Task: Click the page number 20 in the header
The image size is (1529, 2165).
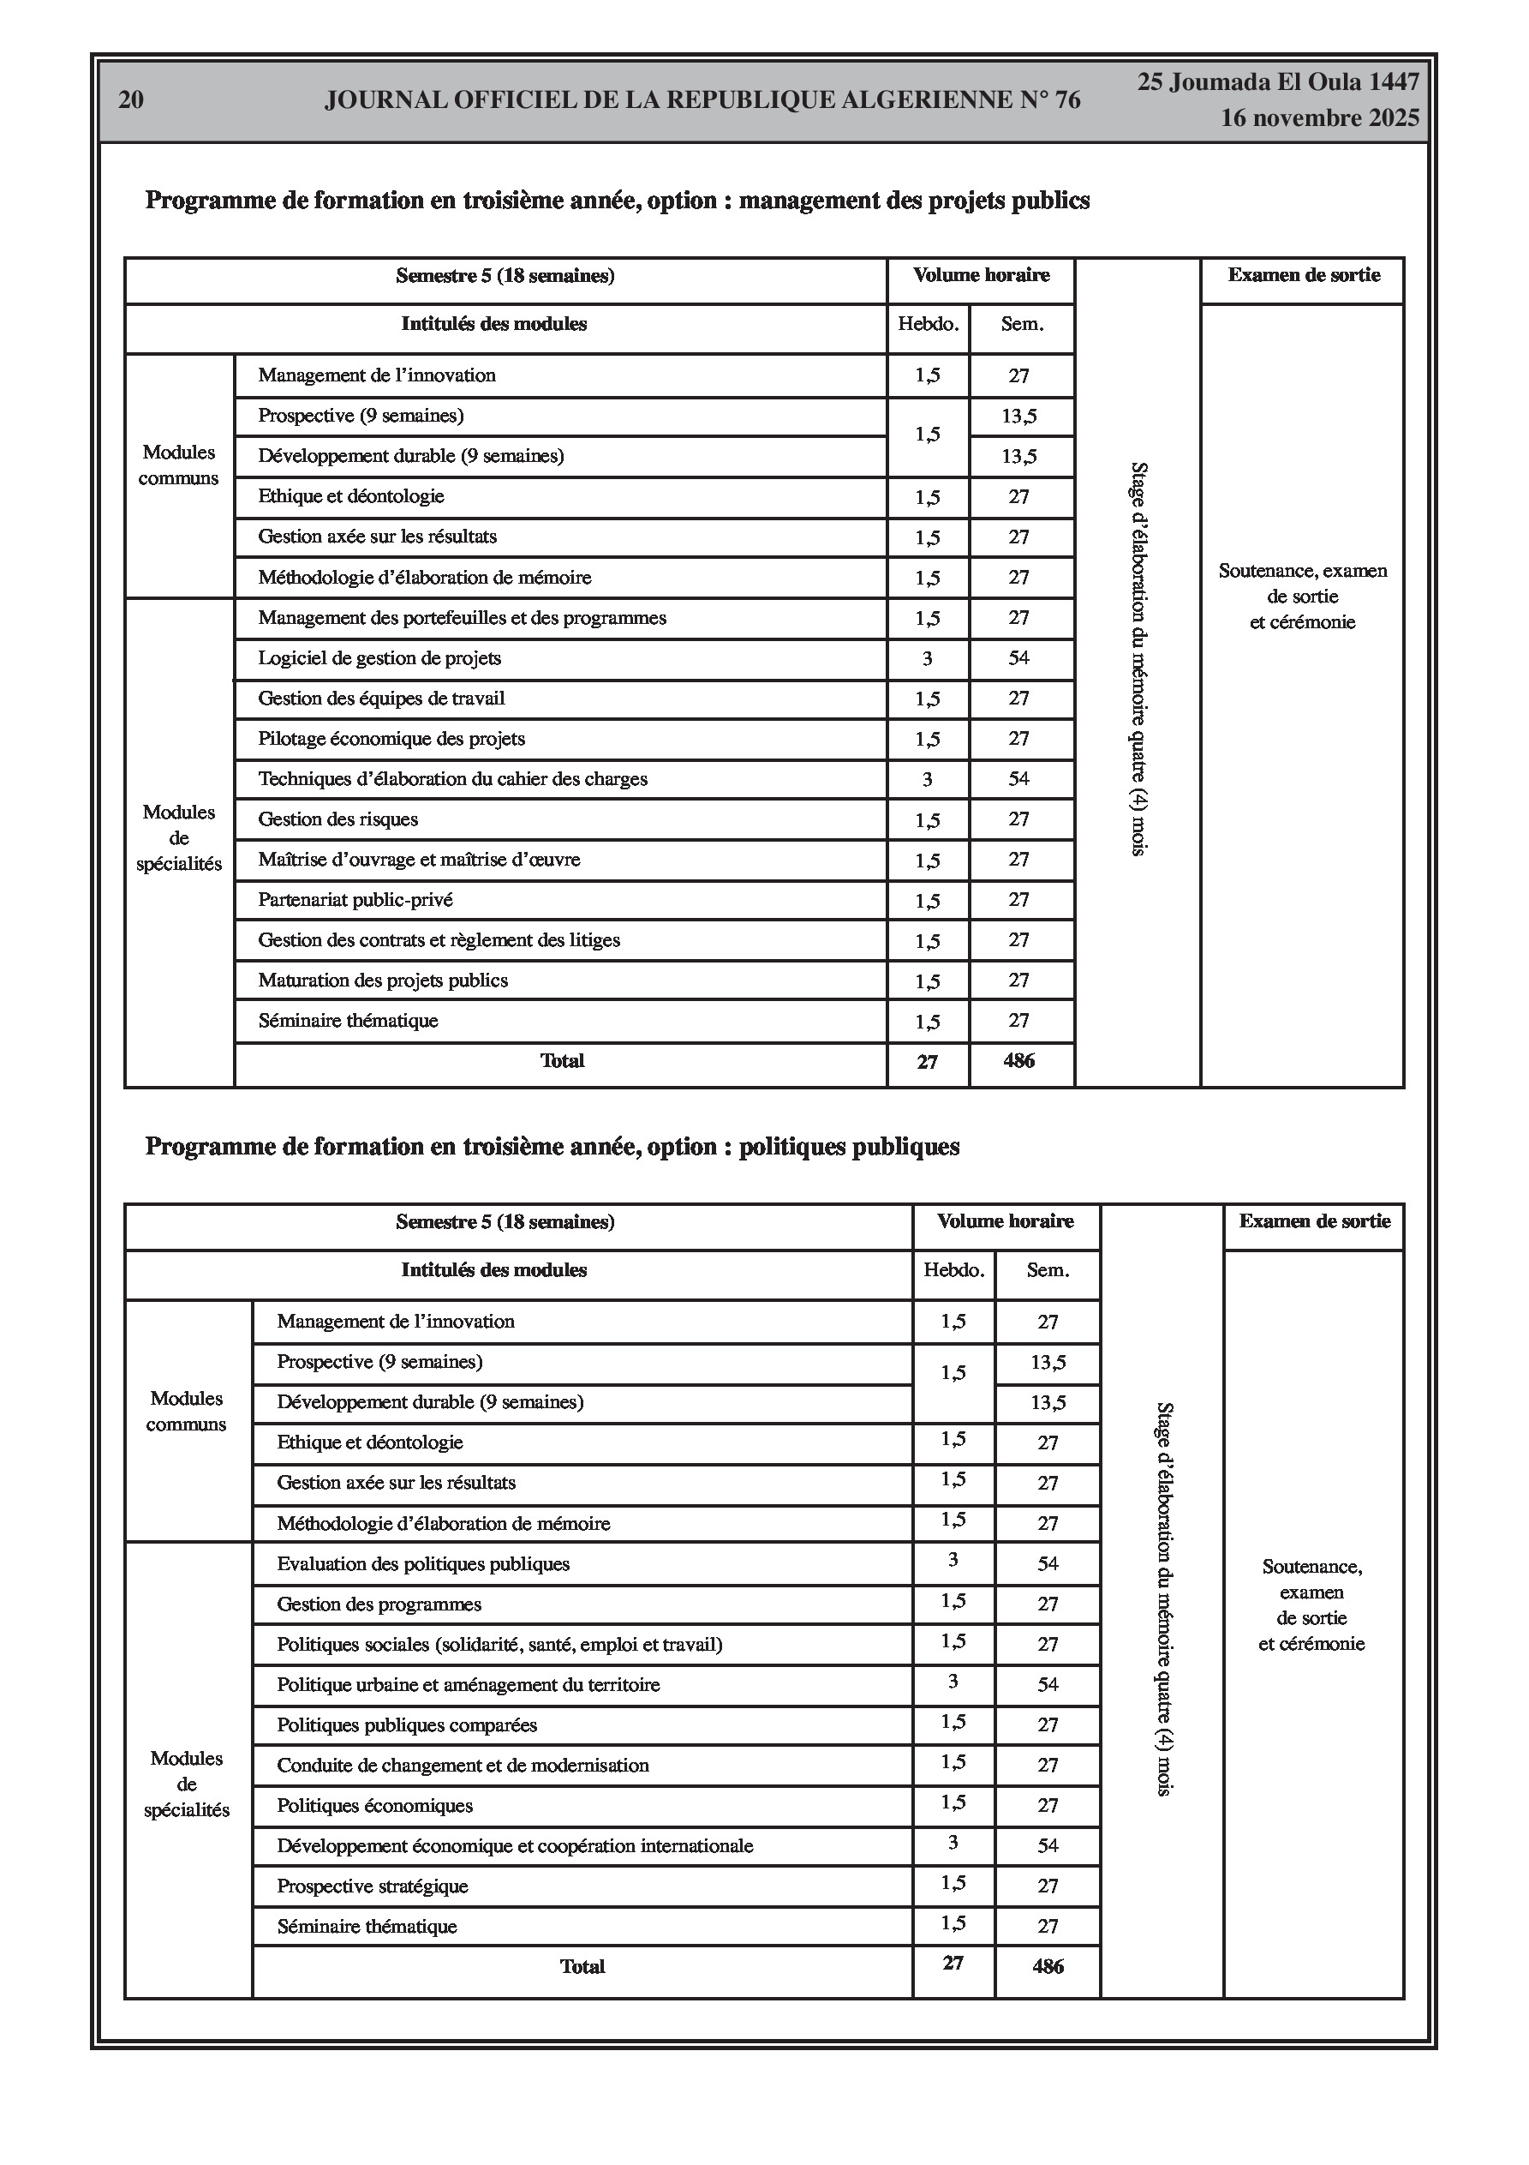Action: tap(131, 100)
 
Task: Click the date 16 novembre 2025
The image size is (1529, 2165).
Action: tap(1320, 119)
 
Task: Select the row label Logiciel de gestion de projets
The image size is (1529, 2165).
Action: tap(379, 658)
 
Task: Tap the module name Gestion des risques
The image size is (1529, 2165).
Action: tap(338, 819)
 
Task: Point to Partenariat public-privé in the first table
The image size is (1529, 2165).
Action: tap(355, 900)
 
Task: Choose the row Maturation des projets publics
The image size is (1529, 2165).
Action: tap(383, 981)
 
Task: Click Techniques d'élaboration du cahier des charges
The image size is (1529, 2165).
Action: tap(452, 779)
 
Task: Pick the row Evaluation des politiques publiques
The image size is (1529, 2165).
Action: tap(423, 1563)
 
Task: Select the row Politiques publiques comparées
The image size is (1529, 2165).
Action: tap(407, 1724)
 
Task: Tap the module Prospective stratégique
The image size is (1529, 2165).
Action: tap(373, 1886)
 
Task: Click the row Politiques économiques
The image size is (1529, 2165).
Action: tap(375, 1806)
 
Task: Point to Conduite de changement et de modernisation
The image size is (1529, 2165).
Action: tap(463, 1766)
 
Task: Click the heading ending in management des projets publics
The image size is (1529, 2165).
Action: tap(617, 201)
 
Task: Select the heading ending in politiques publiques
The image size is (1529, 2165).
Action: tap(552, 1147)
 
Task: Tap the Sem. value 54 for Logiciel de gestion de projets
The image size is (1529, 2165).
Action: tap(1019, 658)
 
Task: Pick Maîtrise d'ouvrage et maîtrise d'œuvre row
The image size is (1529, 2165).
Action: tap(420, 860)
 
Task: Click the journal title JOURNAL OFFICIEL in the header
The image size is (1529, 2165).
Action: tap(702, 100)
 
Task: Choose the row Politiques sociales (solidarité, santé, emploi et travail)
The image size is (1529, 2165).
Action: tap(499, 1645)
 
